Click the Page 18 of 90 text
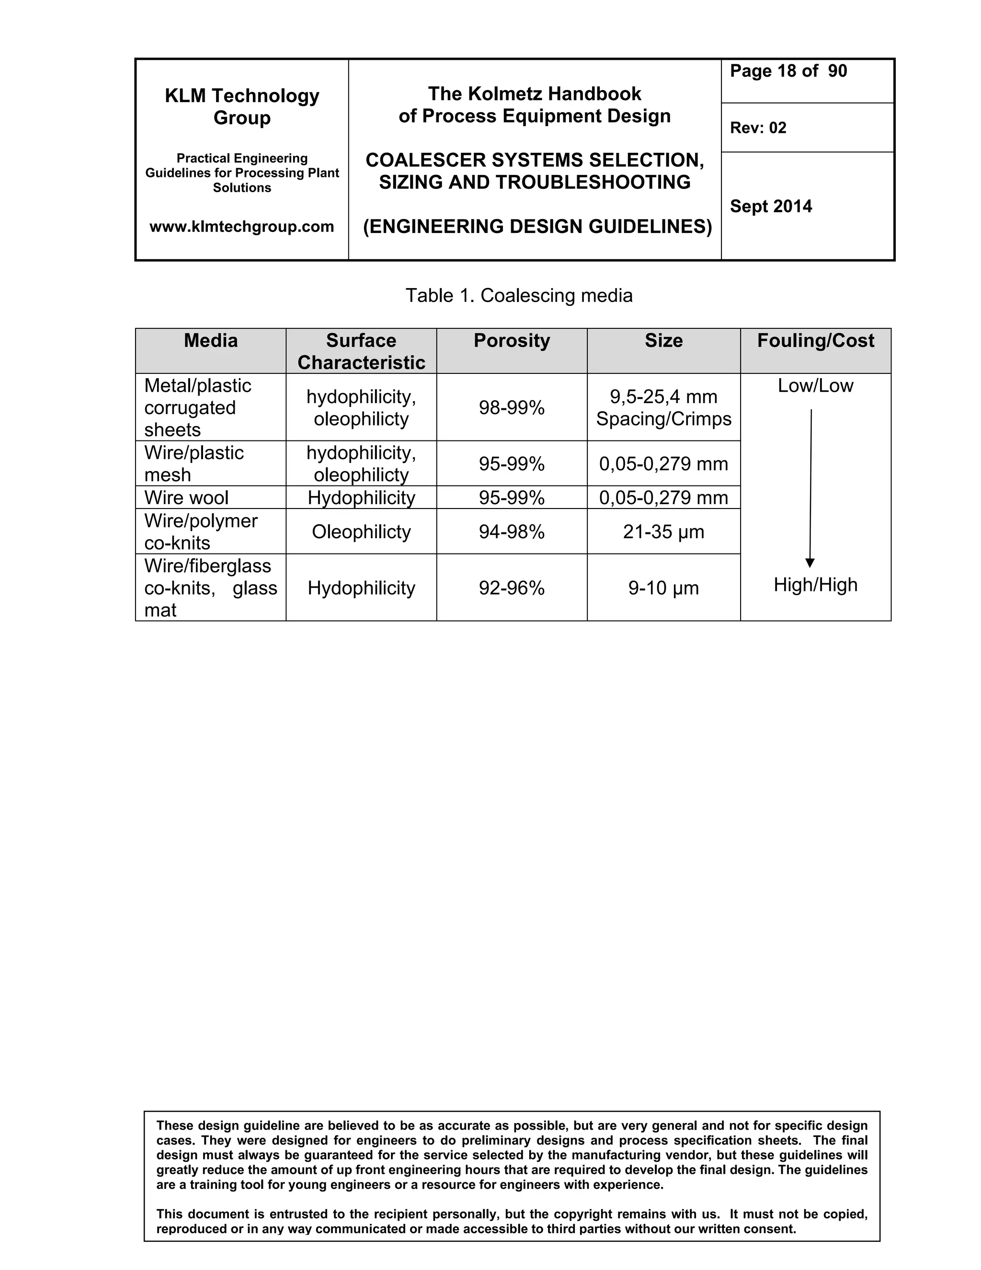pyautogui.click(x=788, y=71)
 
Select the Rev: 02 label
pyautogui.click(x=758, y=128)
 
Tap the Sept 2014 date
pyautogui.click(x=771, y=207)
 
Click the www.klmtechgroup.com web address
pyautogui.click(x=242, y=226)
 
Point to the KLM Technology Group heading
pyautogui.click(x=242, y=106)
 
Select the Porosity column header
pyautogui.click(x=512, y=341)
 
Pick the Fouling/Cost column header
pyautogui.click(x=815, y=341)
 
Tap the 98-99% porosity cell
pyautogui.click(x=512, y=408)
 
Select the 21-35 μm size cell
pyautogui.click(x=663, y=531)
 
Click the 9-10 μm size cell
pyautogui.click(x=663, y=588)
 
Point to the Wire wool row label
pyautogui.click(x=186, y=498)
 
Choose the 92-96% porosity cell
pyautogui.click(x=512, y=588)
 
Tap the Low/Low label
pyautogui.click(x=815, y=385)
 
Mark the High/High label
pyautogui.click(x=815, y=584)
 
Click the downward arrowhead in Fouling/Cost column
pyautogui.click(x=810, y=562)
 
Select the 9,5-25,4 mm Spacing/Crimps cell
pyautogui.click(x=663, y=408)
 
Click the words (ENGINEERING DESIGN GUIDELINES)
pyautogui.click(x=537, y=226)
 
